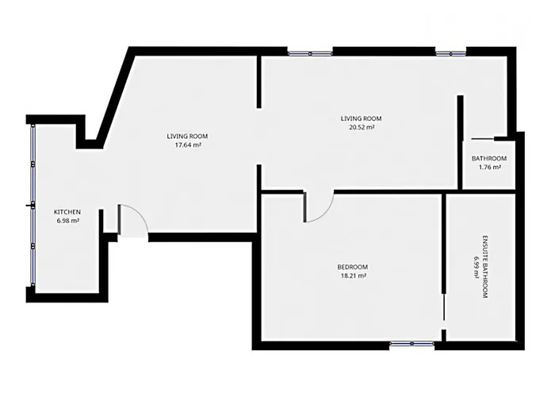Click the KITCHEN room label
point(67,212)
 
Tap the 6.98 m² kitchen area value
point(67,221)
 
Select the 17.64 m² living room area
point(188,145)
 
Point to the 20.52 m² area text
point(362,127)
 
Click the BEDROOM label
point(353,267)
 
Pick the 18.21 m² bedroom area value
point(353,276)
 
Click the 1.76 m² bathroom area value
point(489,168)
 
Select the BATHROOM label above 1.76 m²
point(489,159)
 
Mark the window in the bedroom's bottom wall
point(412,344)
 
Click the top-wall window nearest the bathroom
point(450,53)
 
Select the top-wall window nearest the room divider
point(310,53)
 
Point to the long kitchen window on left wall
point(33,205)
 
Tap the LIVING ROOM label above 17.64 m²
point(187,136)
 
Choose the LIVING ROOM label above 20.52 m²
point(361,118)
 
